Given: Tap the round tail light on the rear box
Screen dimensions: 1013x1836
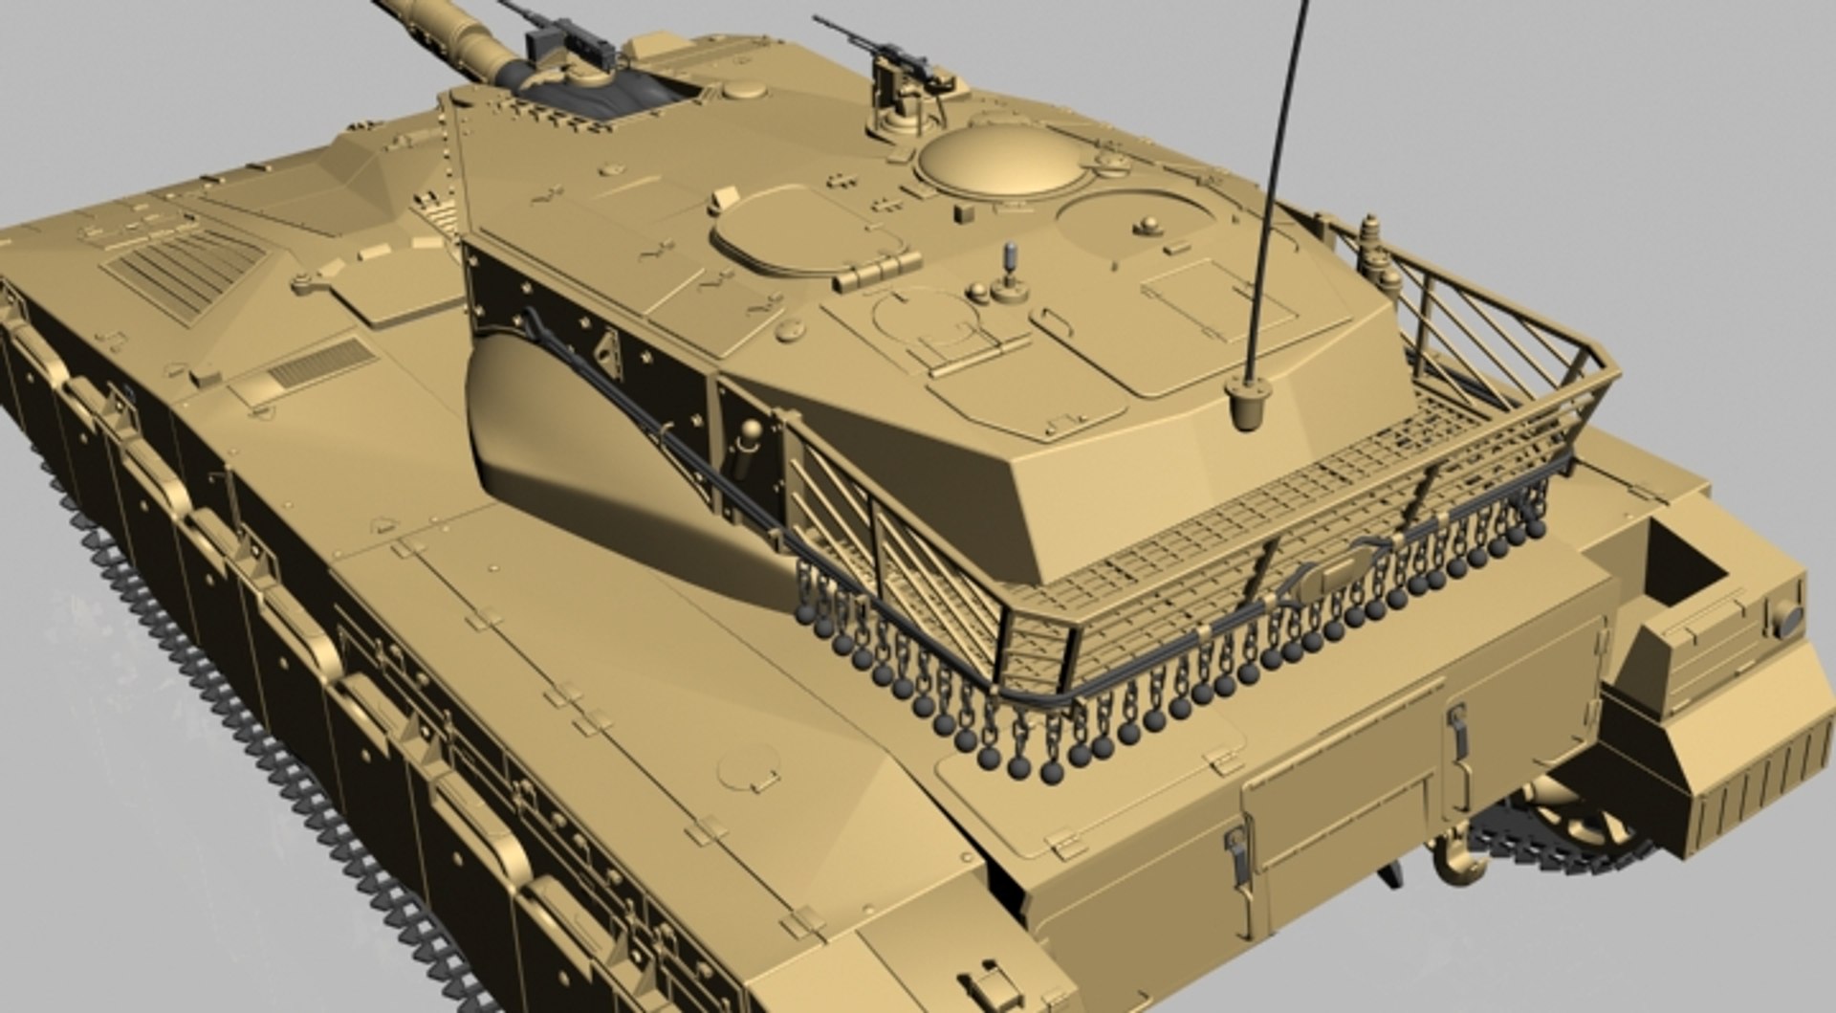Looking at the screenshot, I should [x=1786, y=620].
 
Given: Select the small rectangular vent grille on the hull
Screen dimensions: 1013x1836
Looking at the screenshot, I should [x=320, y=364].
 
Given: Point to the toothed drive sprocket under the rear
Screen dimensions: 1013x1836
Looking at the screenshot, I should [x=1568, y=823].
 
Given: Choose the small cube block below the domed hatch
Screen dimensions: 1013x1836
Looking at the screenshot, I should [x=965, y=211].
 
